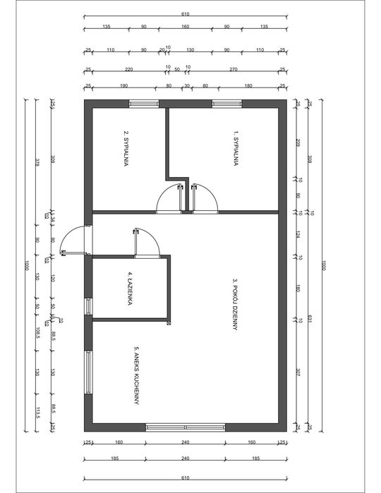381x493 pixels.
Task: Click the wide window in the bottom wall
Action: click(186, 427)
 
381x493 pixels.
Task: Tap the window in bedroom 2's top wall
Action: click(145, 103)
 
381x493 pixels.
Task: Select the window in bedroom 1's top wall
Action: click(227, 103)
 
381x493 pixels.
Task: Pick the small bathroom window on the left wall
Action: click(88, 306)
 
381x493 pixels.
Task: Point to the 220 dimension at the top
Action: click(128, 70)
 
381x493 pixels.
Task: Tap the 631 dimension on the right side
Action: click(309, 319)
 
